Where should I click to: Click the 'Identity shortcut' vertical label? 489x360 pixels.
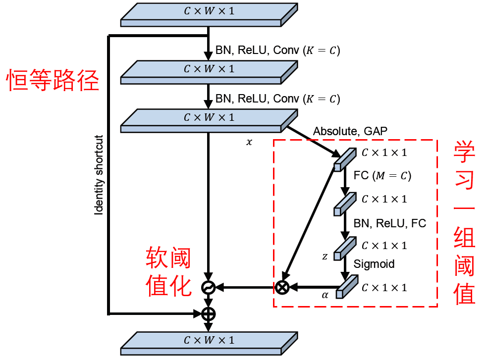(99, 175)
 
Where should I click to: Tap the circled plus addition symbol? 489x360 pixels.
(208, 314)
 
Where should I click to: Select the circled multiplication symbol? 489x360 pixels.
(282, 287)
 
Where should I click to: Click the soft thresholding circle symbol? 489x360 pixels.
(208, 287)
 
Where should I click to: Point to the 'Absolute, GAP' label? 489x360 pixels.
(350, 131)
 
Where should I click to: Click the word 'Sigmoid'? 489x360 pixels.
(374, 264)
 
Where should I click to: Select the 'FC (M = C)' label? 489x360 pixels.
(382, 175)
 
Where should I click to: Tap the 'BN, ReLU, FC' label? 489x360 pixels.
(390, 223)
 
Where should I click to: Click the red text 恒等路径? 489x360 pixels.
(53, 80)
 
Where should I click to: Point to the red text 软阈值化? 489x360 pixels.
(168, 271)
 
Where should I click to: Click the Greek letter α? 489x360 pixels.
(325, 295)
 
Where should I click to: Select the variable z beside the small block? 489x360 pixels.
(325, 256)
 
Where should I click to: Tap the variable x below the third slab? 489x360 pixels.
(249, 142)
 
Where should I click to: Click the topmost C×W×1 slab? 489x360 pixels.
(209, 15)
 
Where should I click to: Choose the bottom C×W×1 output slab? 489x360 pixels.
(209, 343)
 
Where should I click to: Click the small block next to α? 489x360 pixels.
(347, 286)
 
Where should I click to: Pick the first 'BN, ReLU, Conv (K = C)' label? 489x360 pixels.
(277, 50)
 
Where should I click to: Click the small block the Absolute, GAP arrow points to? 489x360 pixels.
(345, 159)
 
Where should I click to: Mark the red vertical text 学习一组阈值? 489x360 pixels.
(464, 222)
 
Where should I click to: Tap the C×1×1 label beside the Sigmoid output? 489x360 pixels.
(384, 288)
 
